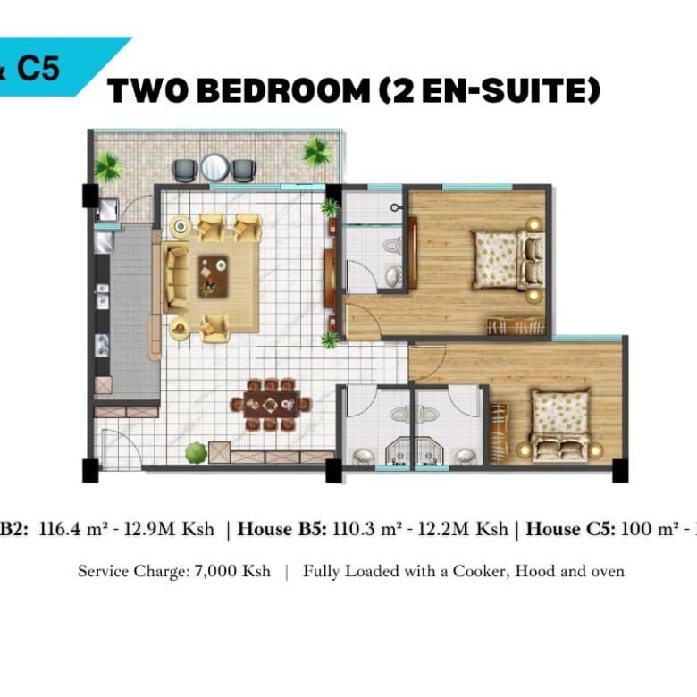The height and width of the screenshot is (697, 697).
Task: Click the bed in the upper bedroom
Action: point(497,259)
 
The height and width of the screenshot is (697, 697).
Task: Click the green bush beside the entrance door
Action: point(196,452)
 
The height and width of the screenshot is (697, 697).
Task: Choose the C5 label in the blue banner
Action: point(38,69)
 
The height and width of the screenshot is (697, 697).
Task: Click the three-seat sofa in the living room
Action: point(174,277)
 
